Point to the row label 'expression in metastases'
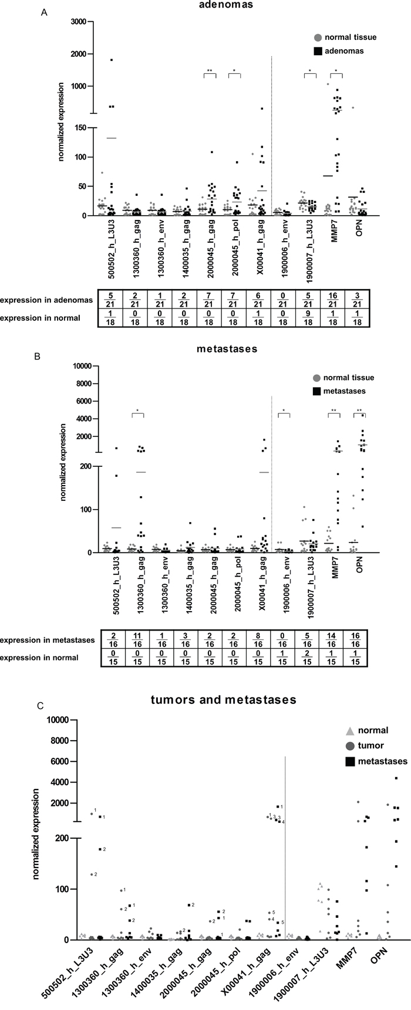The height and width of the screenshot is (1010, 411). click(48, 640)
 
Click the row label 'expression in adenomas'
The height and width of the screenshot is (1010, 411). click(46, 300)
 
